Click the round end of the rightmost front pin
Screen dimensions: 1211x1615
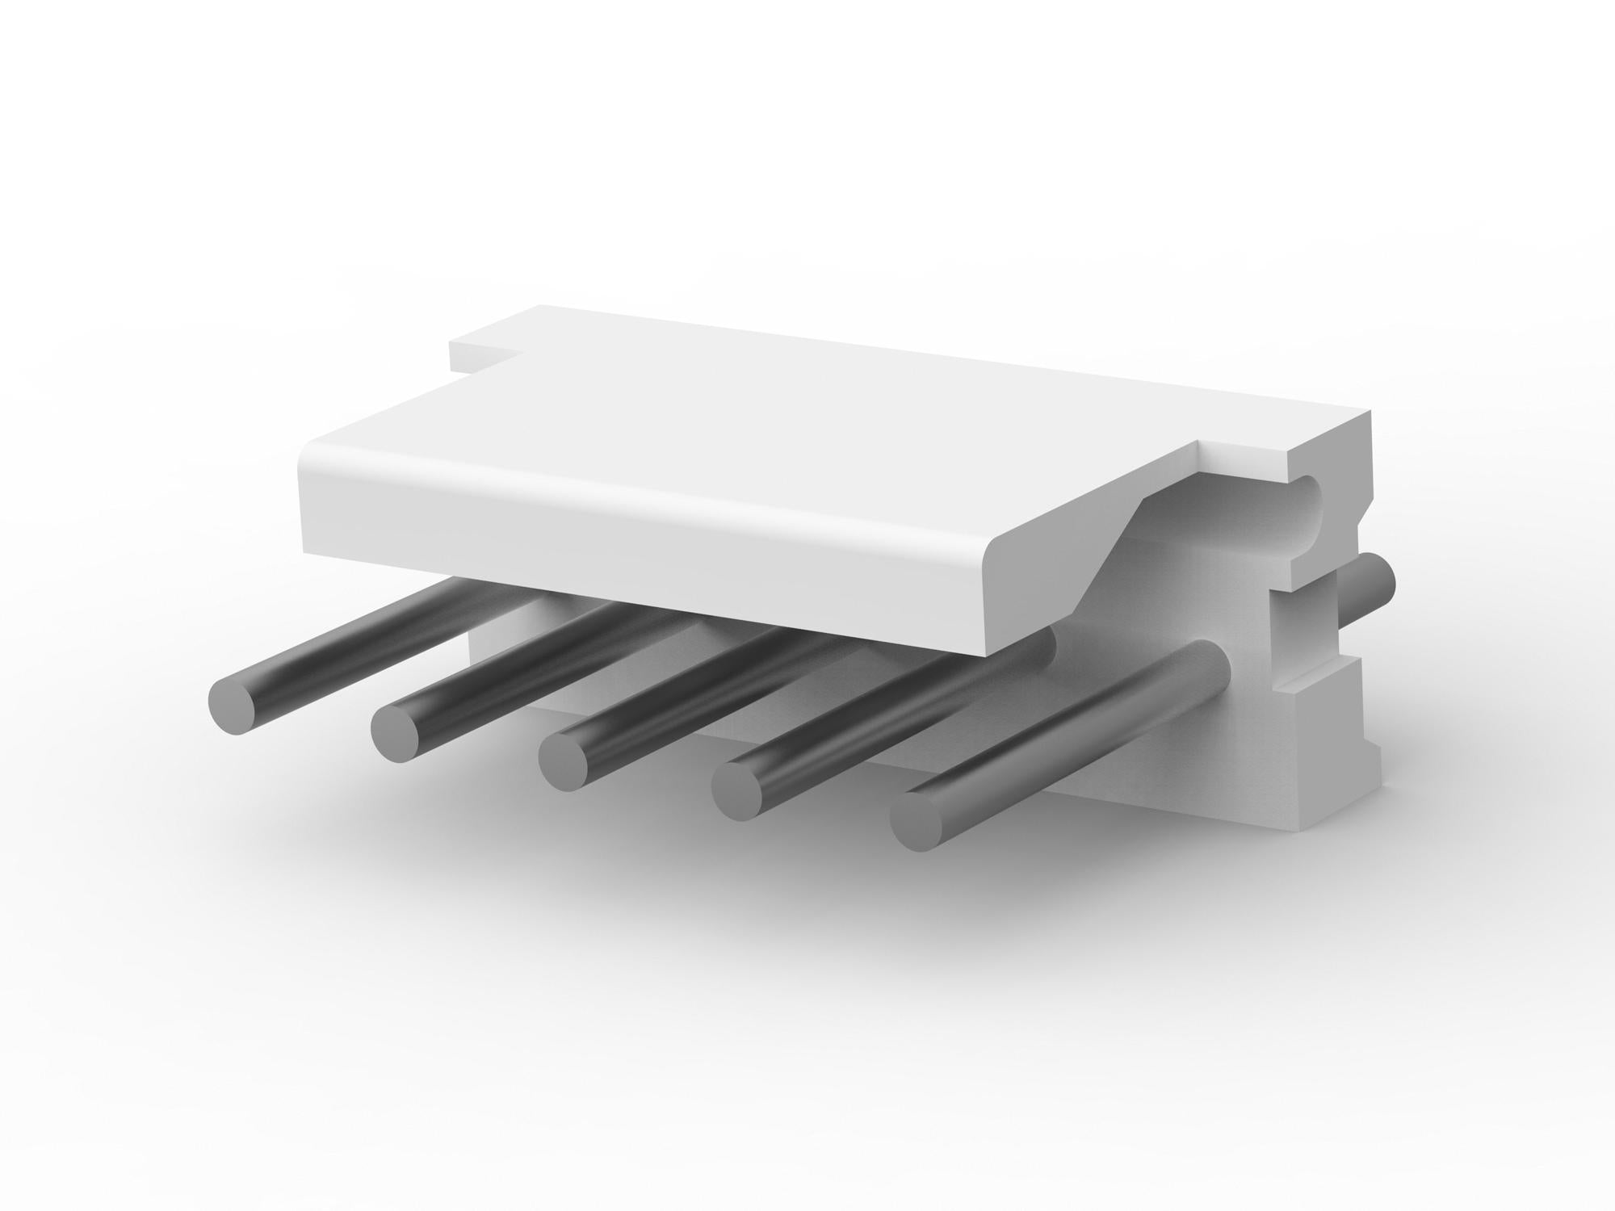pyautogui.click(x=918, y=820)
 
